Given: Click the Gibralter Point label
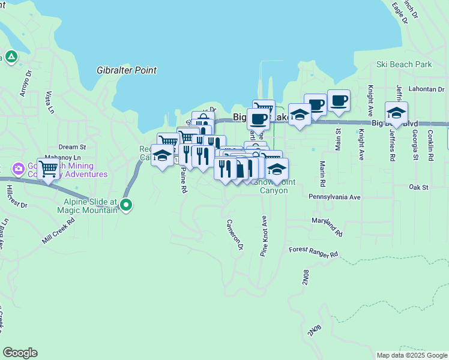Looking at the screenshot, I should tap(127, 70).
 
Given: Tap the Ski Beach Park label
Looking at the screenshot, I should tap(404, 64).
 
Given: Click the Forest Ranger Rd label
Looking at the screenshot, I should tap(313, 252).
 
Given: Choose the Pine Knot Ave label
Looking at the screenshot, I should tap(263, 237).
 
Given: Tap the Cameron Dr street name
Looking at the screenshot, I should tap(235, 235).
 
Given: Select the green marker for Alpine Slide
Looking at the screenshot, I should tap(126, 205).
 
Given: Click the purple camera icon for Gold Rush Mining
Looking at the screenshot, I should tap(17, 167).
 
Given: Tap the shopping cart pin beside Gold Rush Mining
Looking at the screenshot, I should tap(48, 169).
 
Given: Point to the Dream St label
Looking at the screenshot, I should tap(73, 147).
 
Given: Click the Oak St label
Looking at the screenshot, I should tap(418, 187).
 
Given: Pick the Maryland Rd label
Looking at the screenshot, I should tap(327, 226).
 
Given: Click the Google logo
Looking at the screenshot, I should tap(20, 353).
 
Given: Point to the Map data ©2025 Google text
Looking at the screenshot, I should tap(411, 355).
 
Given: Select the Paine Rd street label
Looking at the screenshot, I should tap(184, 179).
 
